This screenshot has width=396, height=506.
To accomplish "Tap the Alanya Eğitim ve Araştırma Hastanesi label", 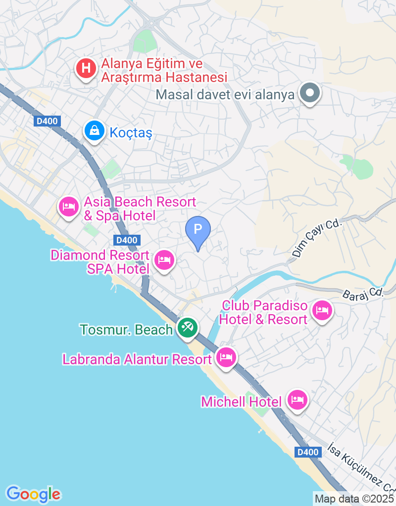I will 164,71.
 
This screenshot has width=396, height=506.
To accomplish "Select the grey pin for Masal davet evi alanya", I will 310,92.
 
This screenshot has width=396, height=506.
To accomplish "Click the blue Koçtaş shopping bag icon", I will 93,131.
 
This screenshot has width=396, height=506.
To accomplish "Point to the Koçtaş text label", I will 131,133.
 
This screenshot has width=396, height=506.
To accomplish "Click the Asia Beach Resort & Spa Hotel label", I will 140,209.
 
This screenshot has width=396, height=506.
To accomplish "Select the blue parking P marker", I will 198,230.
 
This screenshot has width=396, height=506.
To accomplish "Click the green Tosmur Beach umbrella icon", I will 187,327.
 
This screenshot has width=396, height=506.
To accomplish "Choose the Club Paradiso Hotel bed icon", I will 322,310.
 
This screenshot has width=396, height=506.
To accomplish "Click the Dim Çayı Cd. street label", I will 317,238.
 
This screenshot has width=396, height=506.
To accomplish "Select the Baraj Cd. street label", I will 363,293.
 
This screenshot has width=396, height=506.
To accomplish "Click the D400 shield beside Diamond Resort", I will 126,241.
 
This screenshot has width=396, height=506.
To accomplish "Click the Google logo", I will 33,494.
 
